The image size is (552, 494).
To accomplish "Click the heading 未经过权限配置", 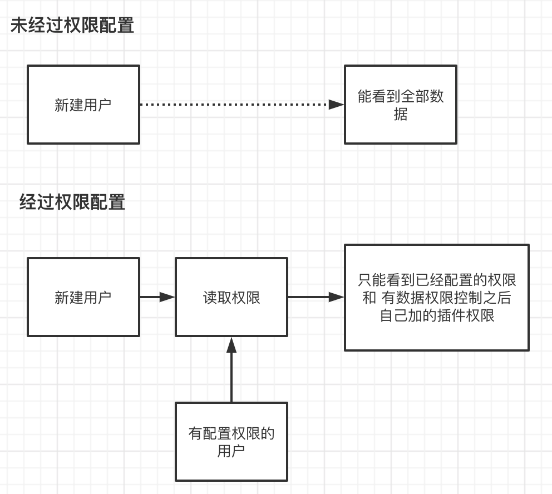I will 72,26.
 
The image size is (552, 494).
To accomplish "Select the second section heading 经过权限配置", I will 72,202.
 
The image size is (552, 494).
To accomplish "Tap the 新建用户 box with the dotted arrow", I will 83,105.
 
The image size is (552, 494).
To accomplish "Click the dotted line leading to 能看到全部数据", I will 234,105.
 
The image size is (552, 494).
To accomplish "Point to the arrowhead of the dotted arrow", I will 336,105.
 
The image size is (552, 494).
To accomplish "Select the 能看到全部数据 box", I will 401,105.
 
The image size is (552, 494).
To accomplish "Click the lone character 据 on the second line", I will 401,115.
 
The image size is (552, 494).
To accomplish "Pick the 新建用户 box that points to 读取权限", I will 83,297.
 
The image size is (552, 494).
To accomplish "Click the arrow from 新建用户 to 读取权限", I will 157,297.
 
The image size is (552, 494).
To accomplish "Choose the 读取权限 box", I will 231,297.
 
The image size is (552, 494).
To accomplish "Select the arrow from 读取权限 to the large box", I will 315,297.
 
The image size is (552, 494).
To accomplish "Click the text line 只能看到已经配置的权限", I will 437,279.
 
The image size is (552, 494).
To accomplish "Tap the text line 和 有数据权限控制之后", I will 437,298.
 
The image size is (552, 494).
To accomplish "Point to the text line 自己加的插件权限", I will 437,316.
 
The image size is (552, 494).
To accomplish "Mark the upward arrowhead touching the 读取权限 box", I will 231,345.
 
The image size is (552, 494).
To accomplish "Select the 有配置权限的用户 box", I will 231,442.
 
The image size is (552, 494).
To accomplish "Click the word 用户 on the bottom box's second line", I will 231,451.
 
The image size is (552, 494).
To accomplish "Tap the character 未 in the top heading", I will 18,26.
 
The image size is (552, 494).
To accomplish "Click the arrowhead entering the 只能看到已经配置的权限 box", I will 336,297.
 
